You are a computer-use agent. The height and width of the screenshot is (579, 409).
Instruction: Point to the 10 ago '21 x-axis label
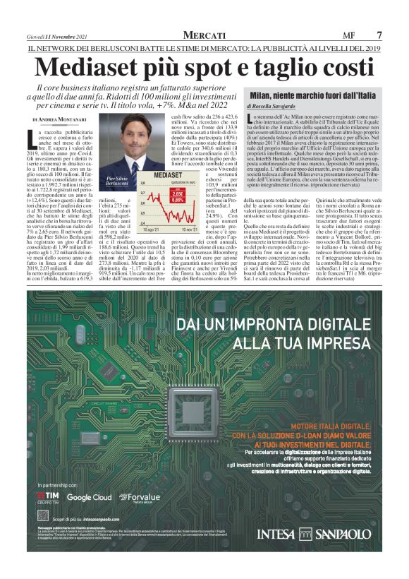pyautogui.click(x=154, y=229)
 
